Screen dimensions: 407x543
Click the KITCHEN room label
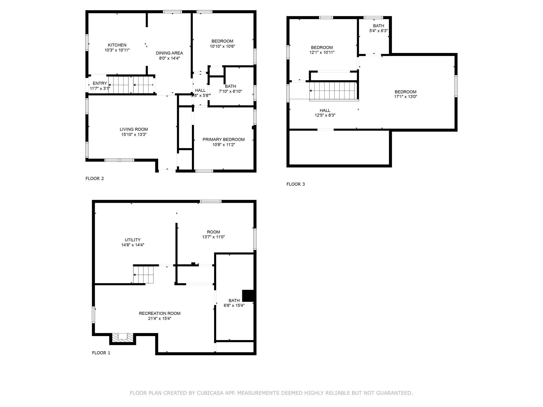(117, 45)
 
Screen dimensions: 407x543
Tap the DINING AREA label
(169, 53)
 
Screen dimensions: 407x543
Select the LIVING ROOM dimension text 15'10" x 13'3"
(134, 135)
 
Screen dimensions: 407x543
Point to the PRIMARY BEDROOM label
(223, 140)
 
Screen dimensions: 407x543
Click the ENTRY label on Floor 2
(100, 83)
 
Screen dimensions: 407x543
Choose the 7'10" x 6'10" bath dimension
(230, 92)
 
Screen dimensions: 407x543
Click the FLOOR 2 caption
(95, 179)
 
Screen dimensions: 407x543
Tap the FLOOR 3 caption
(296, 184)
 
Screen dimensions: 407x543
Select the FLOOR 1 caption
(101, 353)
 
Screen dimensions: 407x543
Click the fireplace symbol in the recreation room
(122, 337)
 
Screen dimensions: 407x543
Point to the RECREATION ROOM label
(160, 313)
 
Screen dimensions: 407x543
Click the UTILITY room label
(133, 240)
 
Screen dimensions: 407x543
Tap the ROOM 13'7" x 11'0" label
(213, 232)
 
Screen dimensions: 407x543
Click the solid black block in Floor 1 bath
(248, 296)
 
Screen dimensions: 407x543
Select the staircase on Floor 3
(333, 91)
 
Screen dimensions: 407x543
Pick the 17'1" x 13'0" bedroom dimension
(405, 97)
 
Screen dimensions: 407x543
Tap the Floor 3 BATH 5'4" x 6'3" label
(378, 26)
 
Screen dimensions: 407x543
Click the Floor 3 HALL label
(325, 110)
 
